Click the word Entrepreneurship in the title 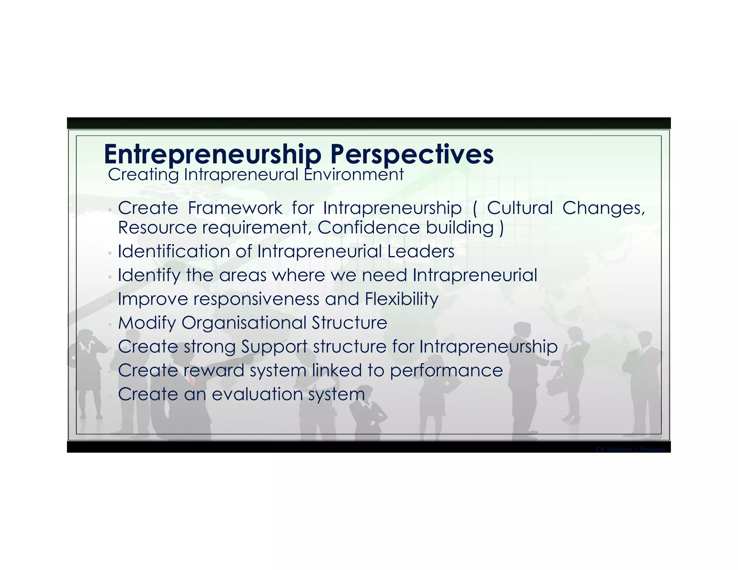click(212, 154)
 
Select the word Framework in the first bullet click(235, 208)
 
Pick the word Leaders click(421, 251)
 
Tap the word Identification click(174, 251)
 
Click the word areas click(243, 275)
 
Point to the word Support click(274, 347)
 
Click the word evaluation click(257, 394)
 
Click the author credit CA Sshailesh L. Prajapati click(630, 449)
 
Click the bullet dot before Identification click(110, 253)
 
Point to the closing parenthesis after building click(501, 228)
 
